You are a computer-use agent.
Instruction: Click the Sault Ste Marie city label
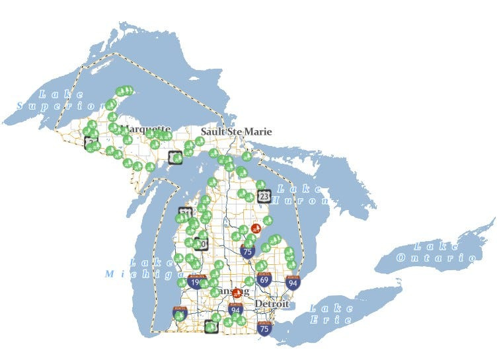236,131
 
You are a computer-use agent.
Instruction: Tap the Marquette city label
146,128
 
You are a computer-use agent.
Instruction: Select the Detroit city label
272,304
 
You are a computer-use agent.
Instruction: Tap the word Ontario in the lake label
436,258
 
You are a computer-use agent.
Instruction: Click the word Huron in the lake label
300,201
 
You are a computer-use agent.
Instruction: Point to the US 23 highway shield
264,196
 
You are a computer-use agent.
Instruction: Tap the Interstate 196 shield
196,282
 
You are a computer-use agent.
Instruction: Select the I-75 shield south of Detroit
264,328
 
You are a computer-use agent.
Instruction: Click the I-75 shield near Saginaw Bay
248,250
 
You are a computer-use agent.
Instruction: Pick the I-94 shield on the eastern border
293,283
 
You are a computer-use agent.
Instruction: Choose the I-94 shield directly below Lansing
235,308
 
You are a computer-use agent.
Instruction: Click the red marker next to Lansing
237,293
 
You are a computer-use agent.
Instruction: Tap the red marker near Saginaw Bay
256,229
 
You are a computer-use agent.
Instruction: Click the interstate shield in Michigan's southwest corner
179,312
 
